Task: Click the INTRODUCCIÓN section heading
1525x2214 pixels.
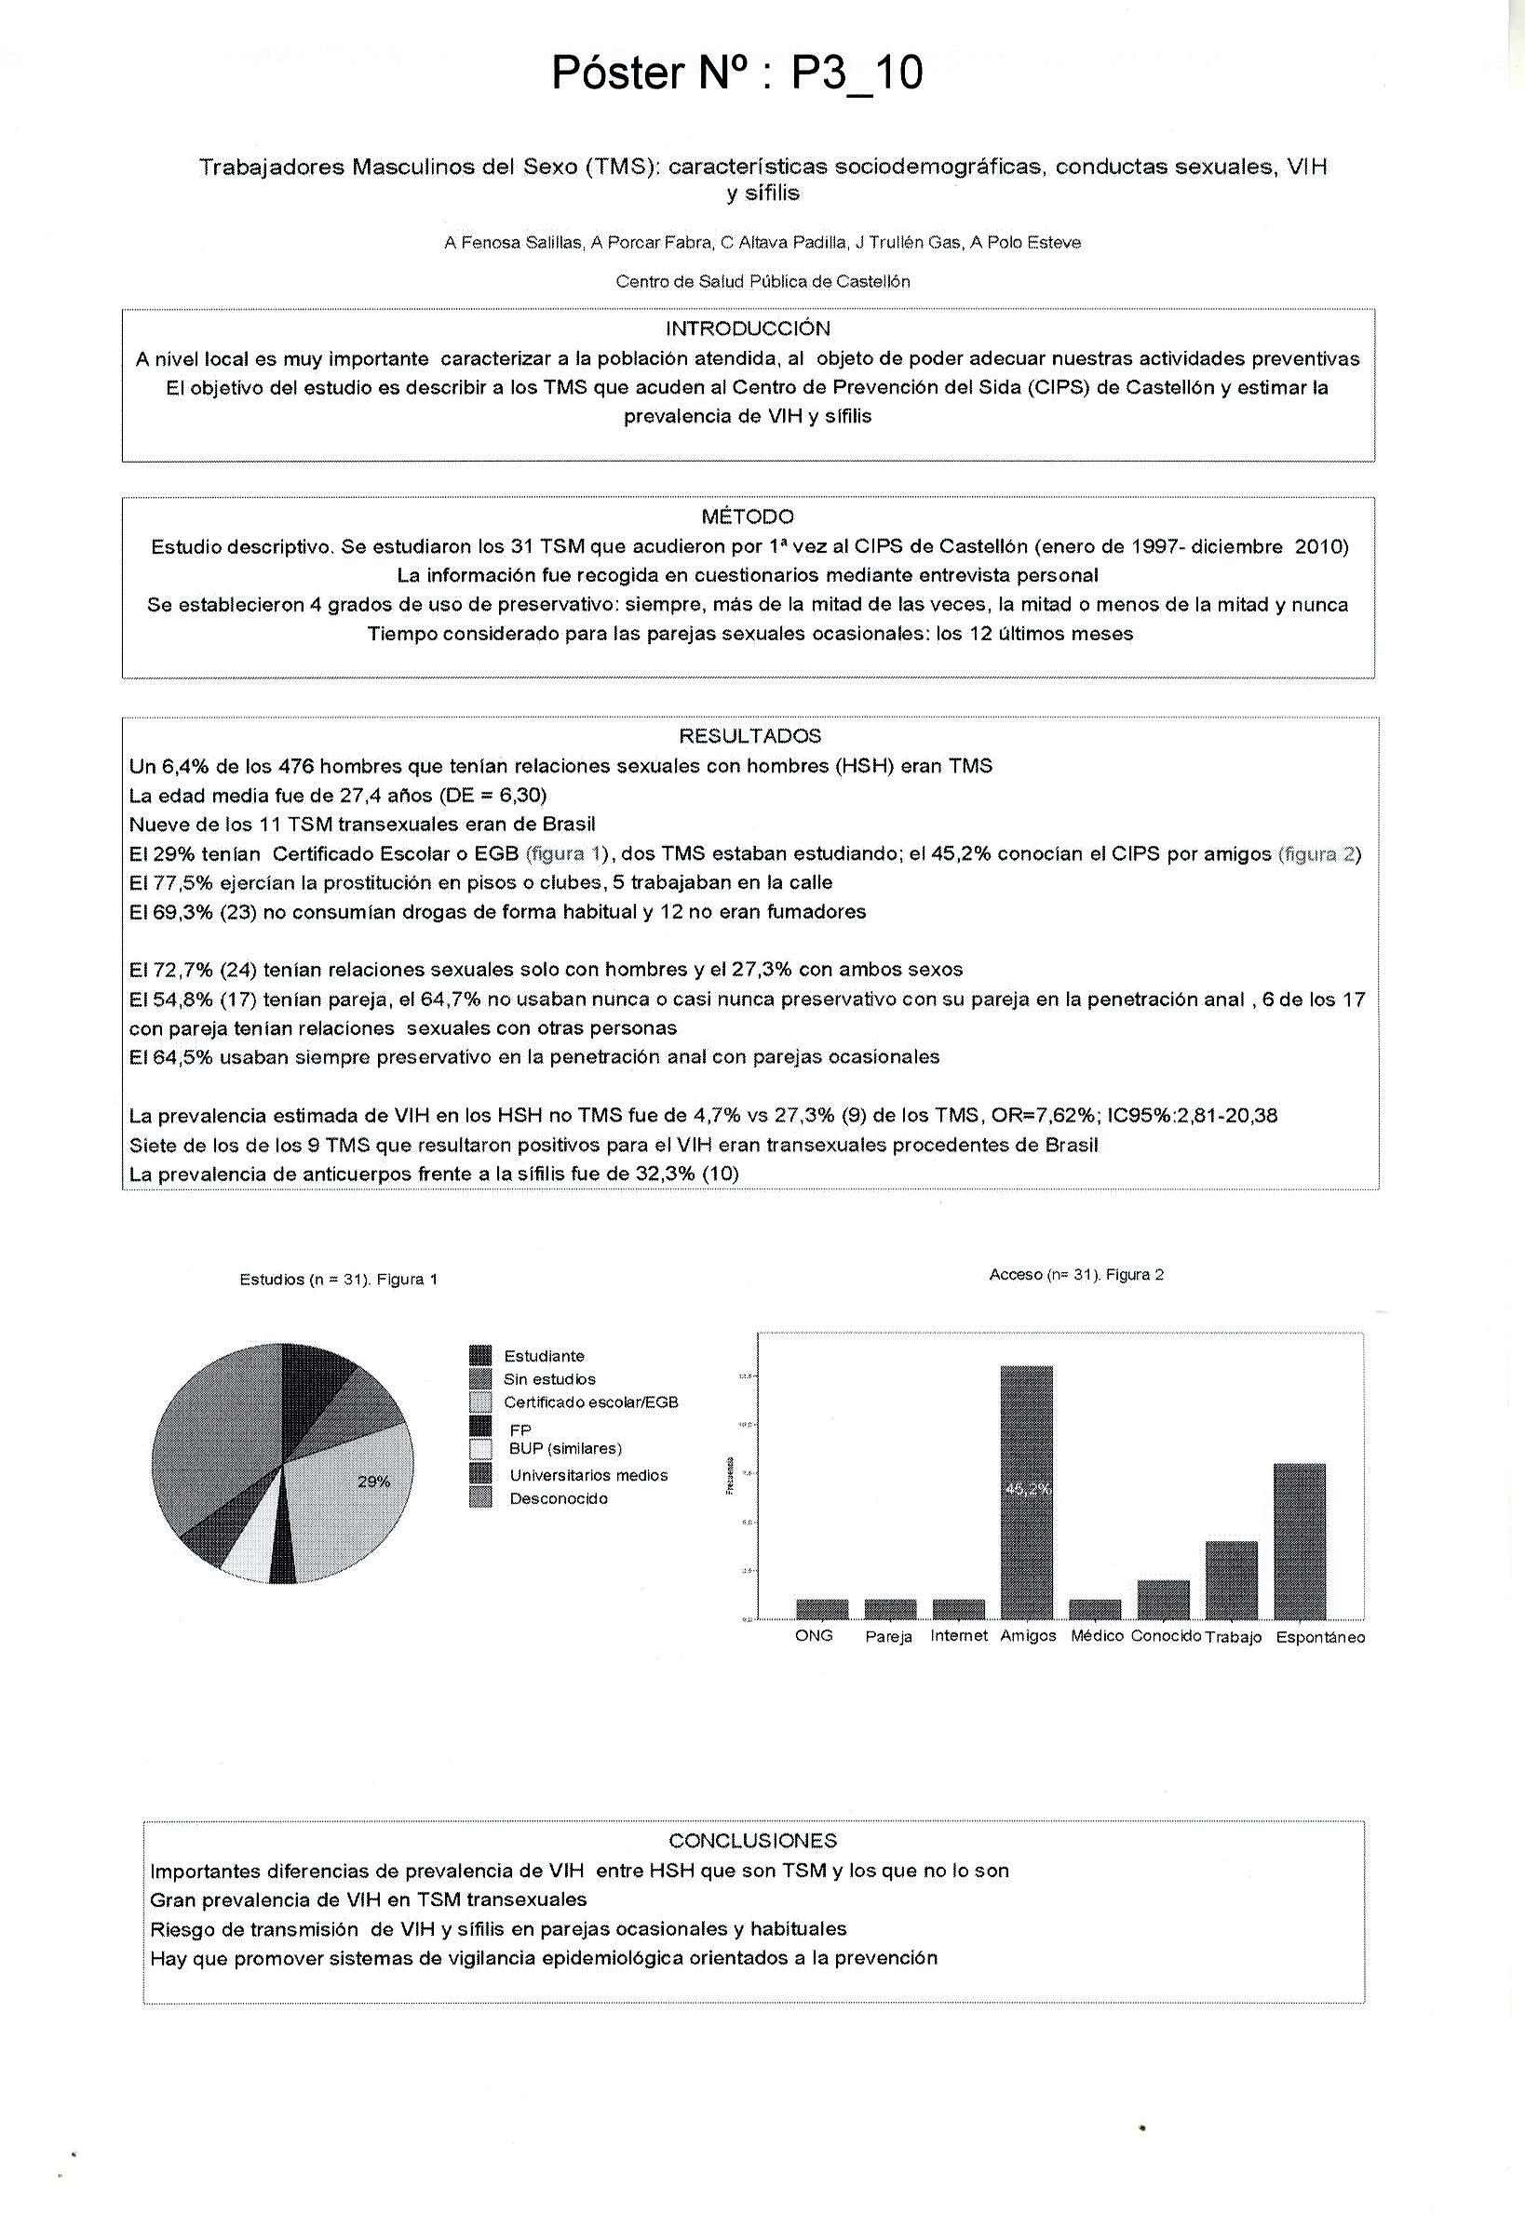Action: [749, 329]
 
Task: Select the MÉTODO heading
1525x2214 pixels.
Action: [748, 517]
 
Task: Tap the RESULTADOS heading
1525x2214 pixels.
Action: [750, 735]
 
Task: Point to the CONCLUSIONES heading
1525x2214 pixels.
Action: [753, 1841]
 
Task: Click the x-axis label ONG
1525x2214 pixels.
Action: [814, 1635]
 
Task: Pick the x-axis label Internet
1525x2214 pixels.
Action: [958, 1635]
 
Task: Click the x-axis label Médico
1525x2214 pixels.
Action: [1096, 1635]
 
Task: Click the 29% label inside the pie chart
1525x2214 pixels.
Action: [373, 1482]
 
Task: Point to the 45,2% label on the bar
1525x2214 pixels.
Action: [1028, 1489]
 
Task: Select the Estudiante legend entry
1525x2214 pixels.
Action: [544, 1355]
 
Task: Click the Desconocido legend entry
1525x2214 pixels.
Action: [558, 1498]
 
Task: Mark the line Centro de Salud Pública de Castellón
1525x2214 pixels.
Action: [762, 282]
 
